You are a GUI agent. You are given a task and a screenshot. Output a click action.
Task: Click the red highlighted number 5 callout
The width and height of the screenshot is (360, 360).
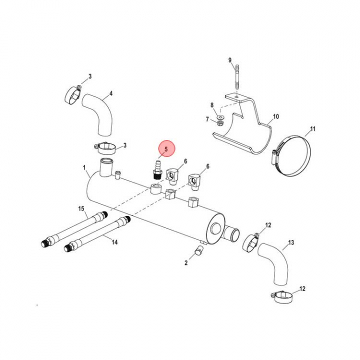[166, 148]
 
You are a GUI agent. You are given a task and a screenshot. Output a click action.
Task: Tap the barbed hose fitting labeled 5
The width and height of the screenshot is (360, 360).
[157, 170]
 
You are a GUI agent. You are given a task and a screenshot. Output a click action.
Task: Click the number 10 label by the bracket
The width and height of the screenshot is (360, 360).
[275, 116]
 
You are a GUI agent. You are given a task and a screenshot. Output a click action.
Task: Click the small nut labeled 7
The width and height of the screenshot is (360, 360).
[219, 123]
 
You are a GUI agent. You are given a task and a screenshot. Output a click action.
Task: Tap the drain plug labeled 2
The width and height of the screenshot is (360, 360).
[198, 250]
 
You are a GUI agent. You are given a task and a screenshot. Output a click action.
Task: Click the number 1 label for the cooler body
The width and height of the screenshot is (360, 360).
[84, 167]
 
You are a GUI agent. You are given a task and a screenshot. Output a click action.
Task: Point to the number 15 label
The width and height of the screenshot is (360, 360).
[81, 208]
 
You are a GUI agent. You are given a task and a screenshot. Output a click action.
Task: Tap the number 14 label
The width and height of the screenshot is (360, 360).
[114, 242]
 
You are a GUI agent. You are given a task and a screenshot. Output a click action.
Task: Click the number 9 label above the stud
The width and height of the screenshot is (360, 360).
[230, 60]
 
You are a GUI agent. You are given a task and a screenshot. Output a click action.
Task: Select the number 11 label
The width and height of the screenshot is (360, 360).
[312, 129]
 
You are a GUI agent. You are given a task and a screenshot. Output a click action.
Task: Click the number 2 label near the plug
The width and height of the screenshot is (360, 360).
[186, 263]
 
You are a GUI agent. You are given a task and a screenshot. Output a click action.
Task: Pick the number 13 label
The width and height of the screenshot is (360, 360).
[291, 242]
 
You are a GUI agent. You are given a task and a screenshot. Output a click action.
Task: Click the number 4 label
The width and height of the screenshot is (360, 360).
[111, 93]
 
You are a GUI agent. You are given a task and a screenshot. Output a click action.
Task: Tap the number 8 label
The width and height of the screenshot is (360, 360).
[212, 105]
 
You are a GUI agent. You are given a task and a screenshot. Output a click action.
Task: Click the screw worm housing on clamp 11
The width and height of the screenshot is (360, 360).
[274, 157]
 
